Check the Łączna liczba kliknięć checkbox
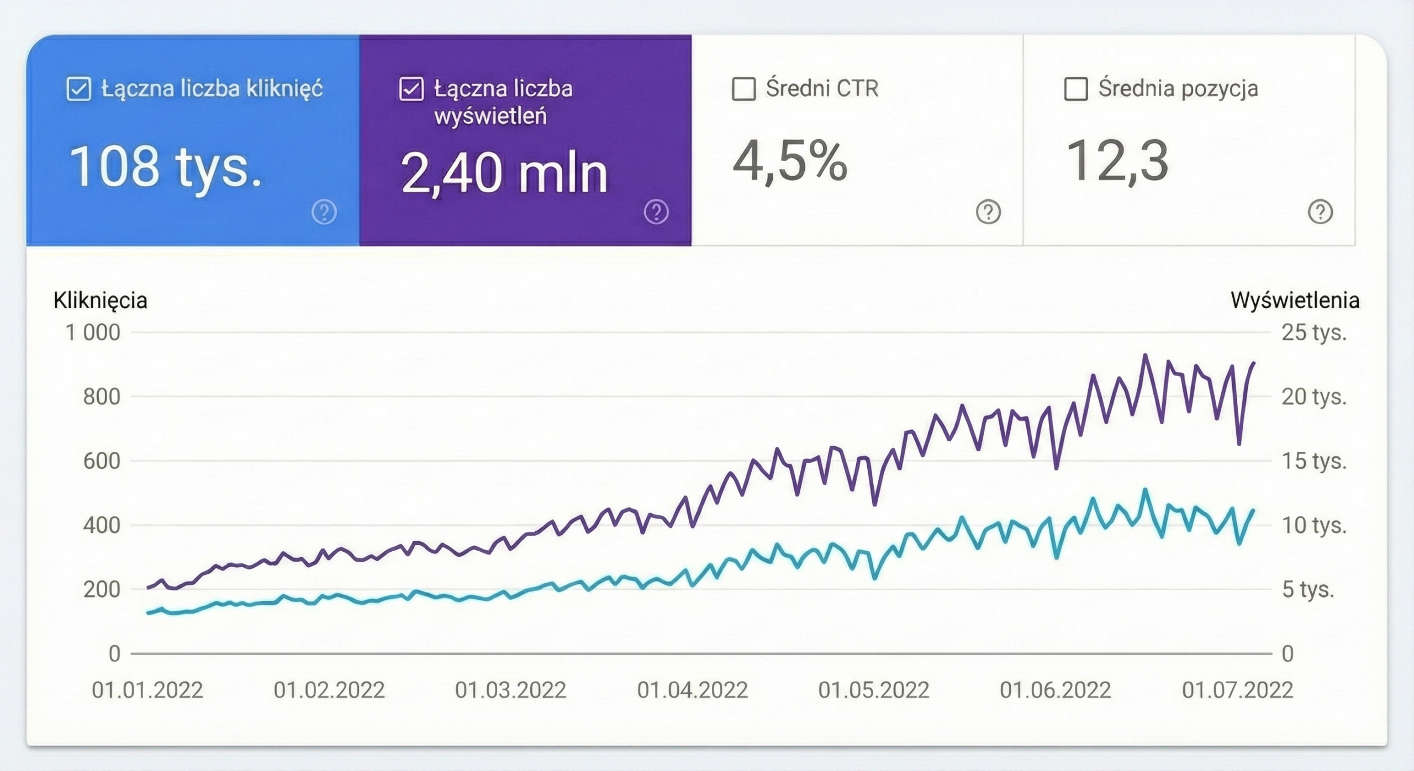(78, 89)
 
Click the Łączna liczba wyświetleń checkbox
(411, 89)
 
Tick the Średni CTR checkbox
(743, 89)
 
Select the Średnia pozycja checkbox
(1075, 89)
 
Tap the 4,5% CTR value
(789, 161)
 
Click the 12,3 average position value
(1117, 161)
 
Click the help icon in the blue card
(324, 212)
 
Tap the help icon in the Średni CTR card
(988, 212)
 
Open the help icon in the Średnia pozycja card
(1320, 212)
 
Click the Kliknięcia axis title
(101, 300)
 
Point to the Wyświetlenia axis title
(1295, 300)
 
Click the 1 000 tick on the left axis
(93, 332)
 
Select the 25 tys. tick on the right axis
(1314, 332)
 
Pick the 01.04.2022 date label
(692, 690)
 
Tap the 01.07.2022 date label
(1237, 690)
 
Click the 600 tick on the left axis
(102, 461)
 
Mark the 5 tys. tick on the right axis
(1307, 590)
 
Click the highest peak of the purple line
(1145, 355)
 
